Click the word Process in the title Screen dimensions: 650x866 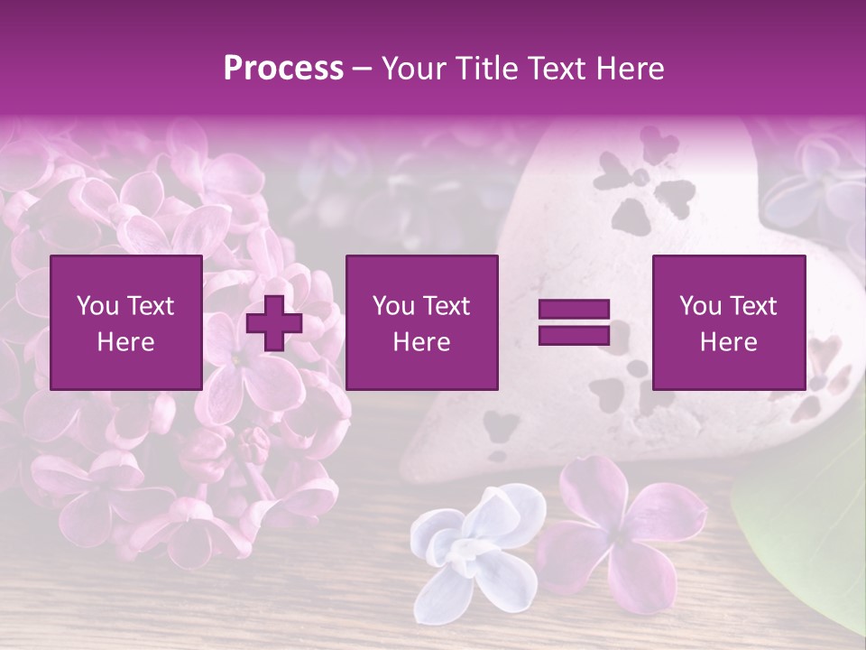tap(283, 69)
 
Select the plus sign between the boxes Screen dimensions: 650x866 tap(274, 323)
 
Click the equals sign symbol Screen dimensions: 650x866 tap(574, 323)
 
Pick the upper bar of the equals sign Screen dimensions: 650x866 tap(574, 310)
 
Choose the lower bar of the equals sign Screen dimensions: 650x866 tap(574, 336)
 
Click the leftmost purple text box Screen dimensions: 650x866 tap(125, 322)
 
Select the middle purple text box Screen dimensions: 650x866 tap(421, 322)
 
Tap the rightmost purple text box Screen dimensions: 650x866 tap(728, 322)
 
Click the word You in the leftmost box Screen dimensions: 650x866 tap(97, 306)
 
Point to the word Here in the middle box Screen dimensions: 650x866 tap(421, 342)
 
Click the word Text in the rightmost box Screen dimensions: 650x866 tap(753, 306)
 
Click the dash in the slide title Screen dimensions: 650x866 tap(362, 69)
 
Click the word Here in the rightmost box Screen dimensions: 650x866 tap(728, 342)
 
